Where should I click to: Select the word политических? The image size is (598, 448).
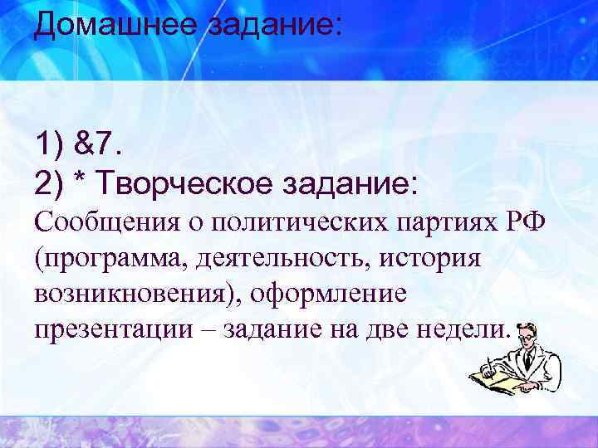(281, 222)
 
